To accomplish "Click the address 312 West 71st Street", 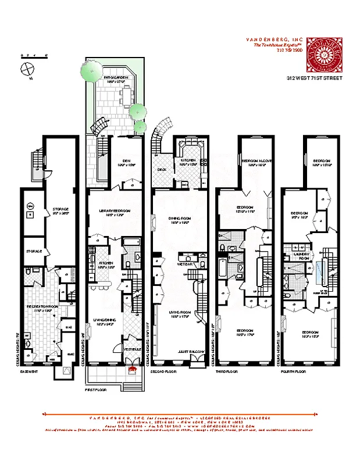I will pyautogui.click(x=313, y=77).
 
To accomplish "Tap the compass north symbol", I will pyautogui.click(x=26, y=69).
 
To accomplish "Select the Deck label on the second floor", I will pyautogui.click(x=162, y=170).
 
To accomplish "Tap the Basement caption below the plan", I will pyautogui.click(x=29, y=371).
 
